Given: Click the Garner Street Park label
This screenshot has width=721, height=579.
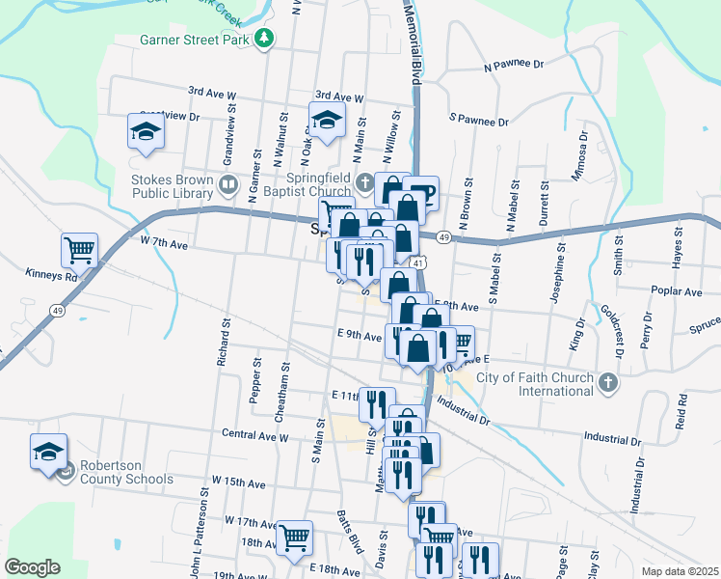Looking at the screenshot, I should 196,40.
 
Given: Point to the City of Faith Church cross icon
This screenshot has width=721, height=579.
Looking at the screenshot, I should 607,383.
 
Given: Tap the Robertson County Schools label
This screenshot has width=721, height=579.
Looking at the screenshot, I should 126,472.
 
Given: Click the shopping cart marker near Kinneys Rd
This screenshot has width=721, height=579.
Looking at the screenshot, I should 80,249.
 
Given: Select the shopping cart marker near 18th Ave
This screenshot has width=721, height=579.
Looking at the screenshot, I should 294,536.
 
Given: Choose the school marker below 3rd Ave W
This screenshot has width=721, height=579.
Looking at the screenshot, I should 327,120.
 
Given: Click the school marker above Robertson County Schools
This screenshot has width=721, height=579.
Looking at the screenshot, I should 48,452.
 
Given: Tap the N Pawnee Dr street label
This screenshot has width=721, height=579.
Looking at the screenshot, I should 514,65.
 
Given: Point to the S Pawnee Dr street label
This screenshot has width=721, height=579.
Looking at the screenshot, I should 479,122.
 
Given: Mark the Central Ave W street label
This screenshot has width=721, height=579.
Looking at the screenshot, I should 254,435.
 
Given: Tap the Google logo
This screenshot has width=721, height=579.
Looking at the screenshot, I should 32,567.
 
